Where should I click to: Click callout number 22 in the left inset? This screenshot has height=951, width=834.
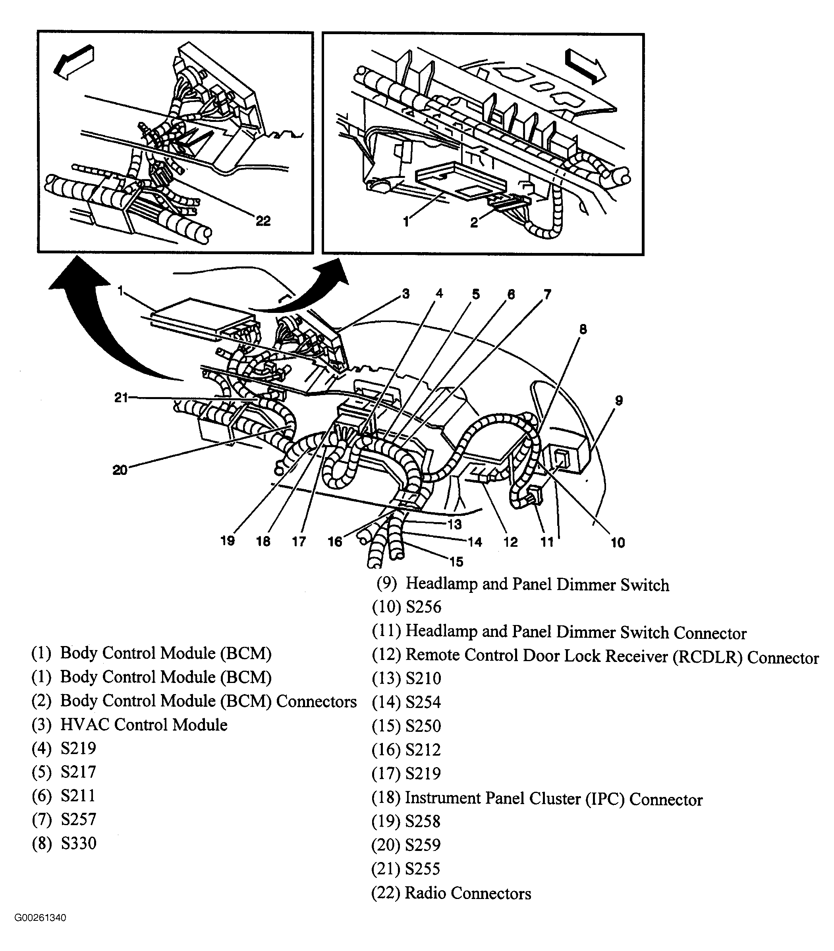coord(263,221)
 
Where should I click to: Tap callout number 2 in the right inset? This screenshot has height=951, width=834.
coord(474,222)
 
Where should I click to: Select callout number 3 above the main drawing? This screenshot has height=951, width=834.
coord(405,294)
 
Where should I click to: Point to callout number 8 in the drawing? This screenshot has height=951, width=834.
coord(583,330)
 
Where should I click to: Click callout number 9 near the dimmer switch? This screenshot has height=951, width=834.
coord(618,400)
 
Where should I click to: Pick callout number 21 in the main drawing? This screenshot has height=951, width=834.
coord(121,397)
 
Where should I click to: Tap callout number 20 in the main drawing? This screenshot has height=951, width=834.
coord(120,471)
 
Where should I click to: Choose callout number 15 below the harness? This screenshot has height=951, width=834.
coord(456,562)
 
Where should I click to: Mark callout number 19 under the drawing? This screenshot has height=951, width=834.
coord(228,541)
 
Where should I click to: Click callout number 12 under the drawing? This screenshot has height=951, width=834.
coord(511,542)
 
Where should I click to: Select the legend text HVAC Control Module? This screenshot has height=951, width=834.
coord(144,725)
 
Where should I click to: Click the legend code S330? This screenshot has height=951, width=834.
coord(78,843)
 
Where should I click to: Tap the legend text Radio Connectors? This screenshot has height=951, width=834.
coord(468,893)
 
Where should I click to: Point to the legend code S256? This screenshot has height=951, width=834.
coord(423,607)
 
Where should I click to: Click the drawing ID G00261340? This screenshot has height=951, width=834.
coord(40,918)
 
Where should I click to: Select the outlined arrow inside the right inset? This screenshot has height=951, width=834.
coord(584,66)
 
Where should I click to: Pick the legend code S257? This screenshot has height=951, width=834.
coord(78,819)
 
